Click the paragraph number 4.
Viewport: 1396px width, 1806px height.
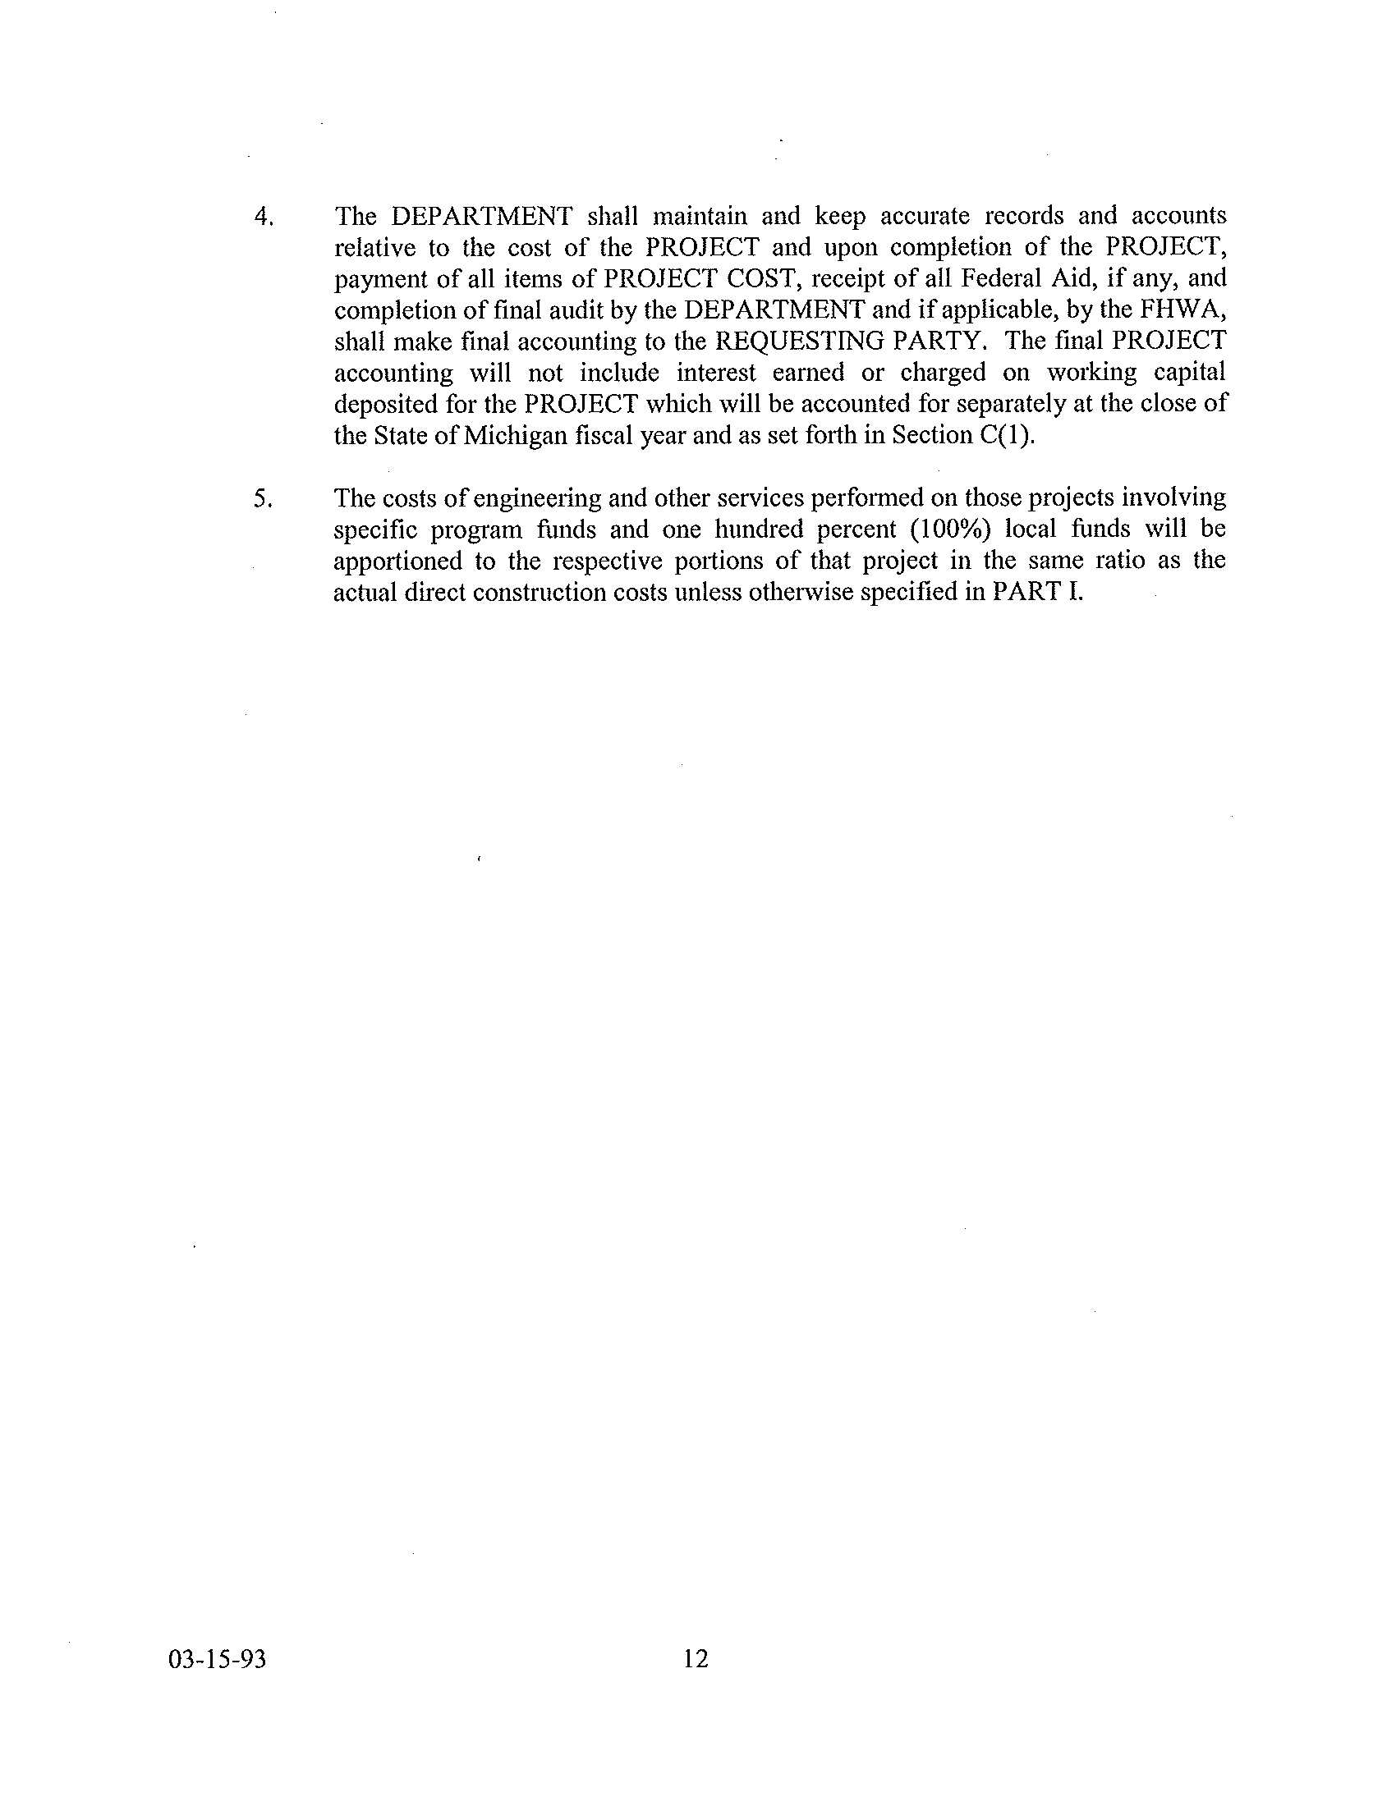(x=263, y=218)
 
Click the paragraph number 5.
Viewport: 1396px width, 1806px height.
(x=263, y=499)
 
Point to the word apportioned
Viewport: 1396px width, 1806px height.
(x=397, y=562)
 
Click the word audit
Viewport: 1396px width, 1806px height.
(x=558, y=310)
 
